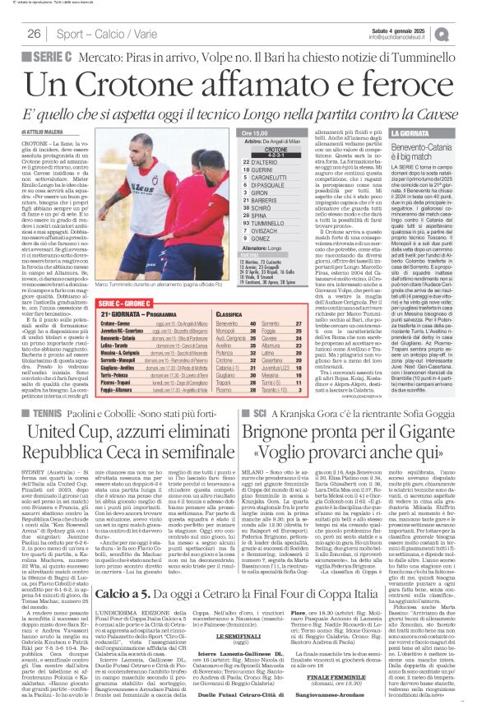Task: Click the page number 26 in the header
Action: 35,33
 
